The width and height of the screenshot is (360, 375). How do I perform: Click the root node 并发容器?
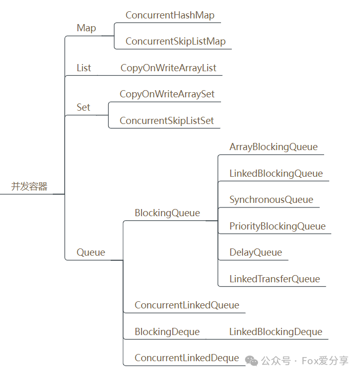29,186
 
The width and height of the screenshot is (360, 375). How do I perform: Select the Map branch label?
86,28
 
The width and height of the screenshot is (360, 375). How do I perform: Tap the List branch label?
84,68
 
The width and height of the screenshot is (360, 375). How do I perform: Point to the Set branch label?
83,108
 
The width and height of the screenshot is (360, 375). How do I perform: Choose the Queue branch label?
91,253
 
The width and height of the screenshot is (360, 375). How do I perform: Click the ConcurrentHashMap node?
170,15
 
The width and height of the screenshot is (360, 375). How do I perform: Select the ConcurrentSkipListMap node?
175,41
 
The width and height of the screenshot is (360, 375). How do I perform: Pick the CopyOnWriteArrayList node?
168,68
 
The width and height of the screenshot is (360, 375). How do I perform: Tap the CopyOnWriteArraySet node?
167,94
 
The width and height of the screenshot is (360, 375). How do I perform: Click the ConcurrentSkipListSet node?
167,121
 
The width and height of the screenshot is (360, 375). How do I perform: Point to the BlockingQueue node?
167,213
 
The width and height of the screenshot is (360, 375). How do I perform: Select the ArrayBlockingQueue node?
274,147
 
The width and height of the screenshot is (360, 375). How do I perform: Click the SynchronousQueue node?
271,200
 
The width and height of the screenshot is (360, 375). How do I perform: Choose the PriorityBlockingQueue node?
277,226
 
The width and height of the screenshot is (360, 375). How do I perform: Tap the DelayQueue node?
255,253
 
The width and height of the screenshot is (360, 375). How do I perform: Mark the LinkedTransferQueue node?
274,279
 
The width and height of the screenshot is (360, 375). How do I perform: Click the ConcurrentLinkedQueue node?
187,305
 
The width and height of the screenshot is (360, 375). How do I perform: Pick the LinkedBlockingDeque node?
276,332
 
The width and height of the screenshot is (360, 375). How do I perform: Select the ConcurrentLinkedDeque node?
187,358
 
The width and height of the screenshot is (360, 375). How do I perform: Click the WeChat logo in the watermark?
251,361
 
